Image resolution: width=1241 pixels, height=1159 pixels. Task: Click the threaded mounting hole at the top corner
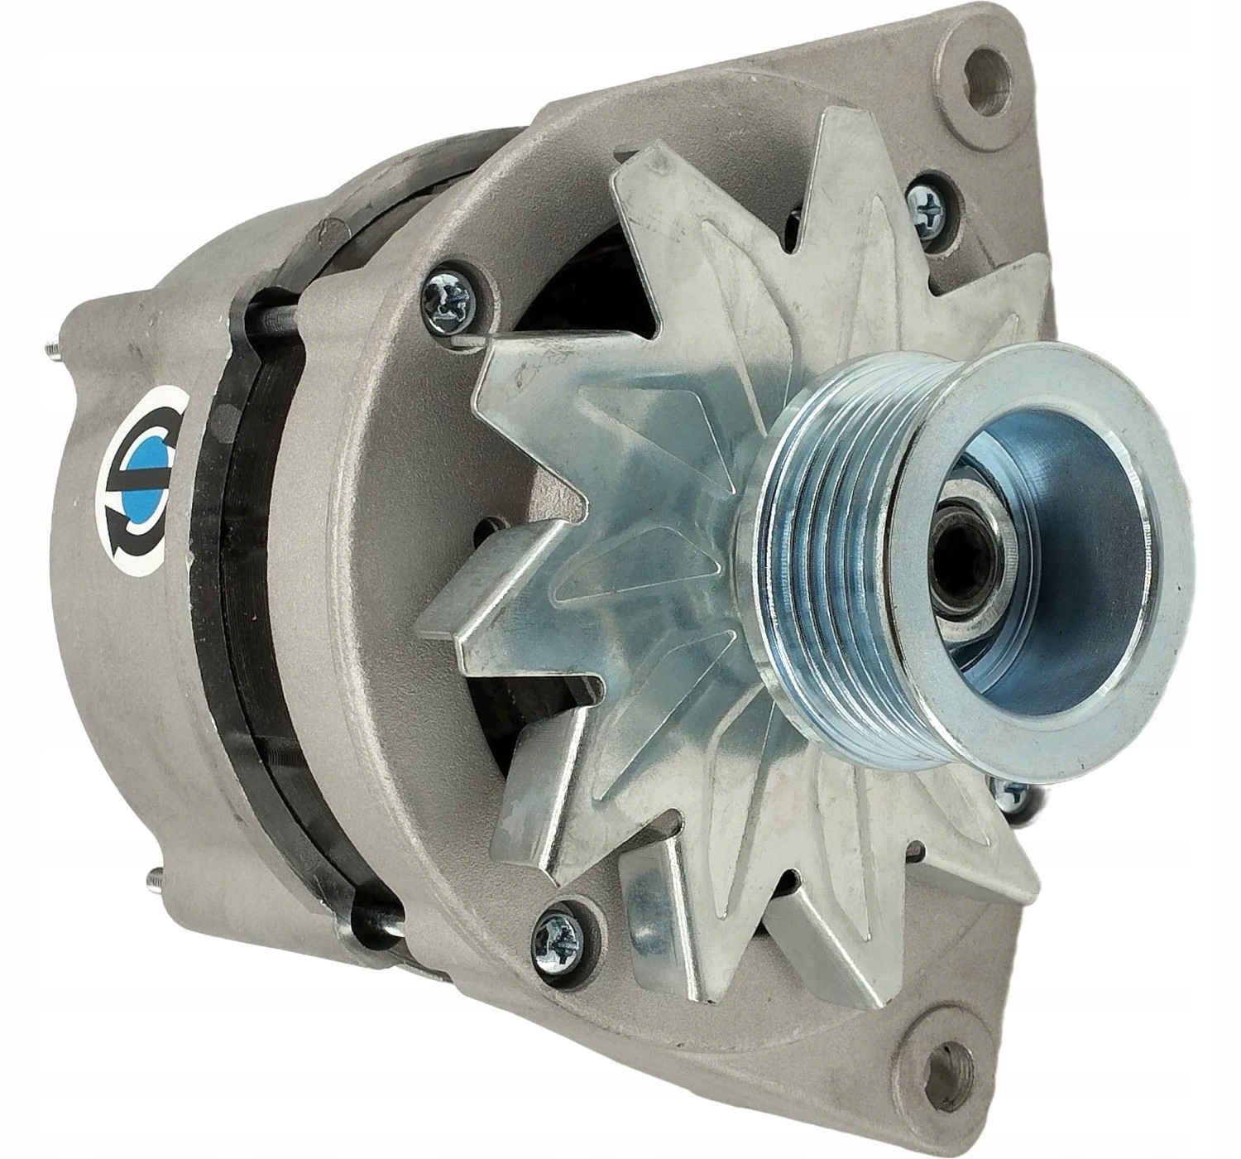[x=989, y=83]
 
